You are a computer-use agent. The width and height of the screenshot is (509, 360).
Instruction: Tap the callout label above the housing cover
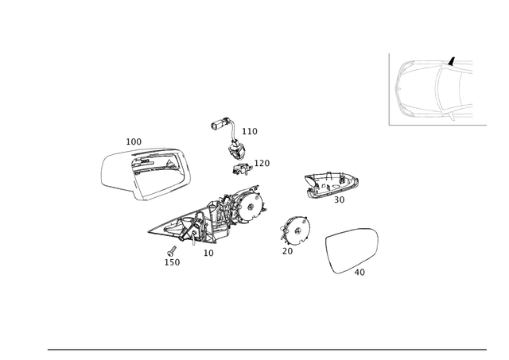pos(134,141)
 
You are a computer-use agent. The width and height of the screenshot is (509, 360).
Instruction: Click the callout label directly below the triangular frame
pos(208,253)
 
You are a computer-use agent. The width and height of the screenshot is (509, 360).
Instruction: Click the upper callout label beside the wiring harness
pos(250,130)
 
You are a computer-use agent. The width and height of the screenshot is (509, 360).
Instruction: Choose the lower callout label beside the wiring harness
pos(263,163)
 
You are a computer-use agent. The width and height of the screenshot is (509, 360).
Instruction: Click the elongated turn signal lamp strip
pos(331,184)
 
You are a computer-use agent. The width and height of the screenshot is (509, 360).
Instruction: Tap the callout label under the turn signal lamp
pos(340,201)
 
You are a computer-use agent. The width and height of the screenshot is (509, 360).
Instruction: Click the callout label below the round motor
pos(289,250)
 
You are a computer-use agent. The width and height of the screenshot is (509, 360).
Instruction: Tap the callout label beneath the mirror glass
pos(360,273)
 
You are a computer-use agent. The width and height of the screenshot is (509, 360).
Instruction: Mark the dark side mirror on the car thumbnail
pos(452,61)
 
